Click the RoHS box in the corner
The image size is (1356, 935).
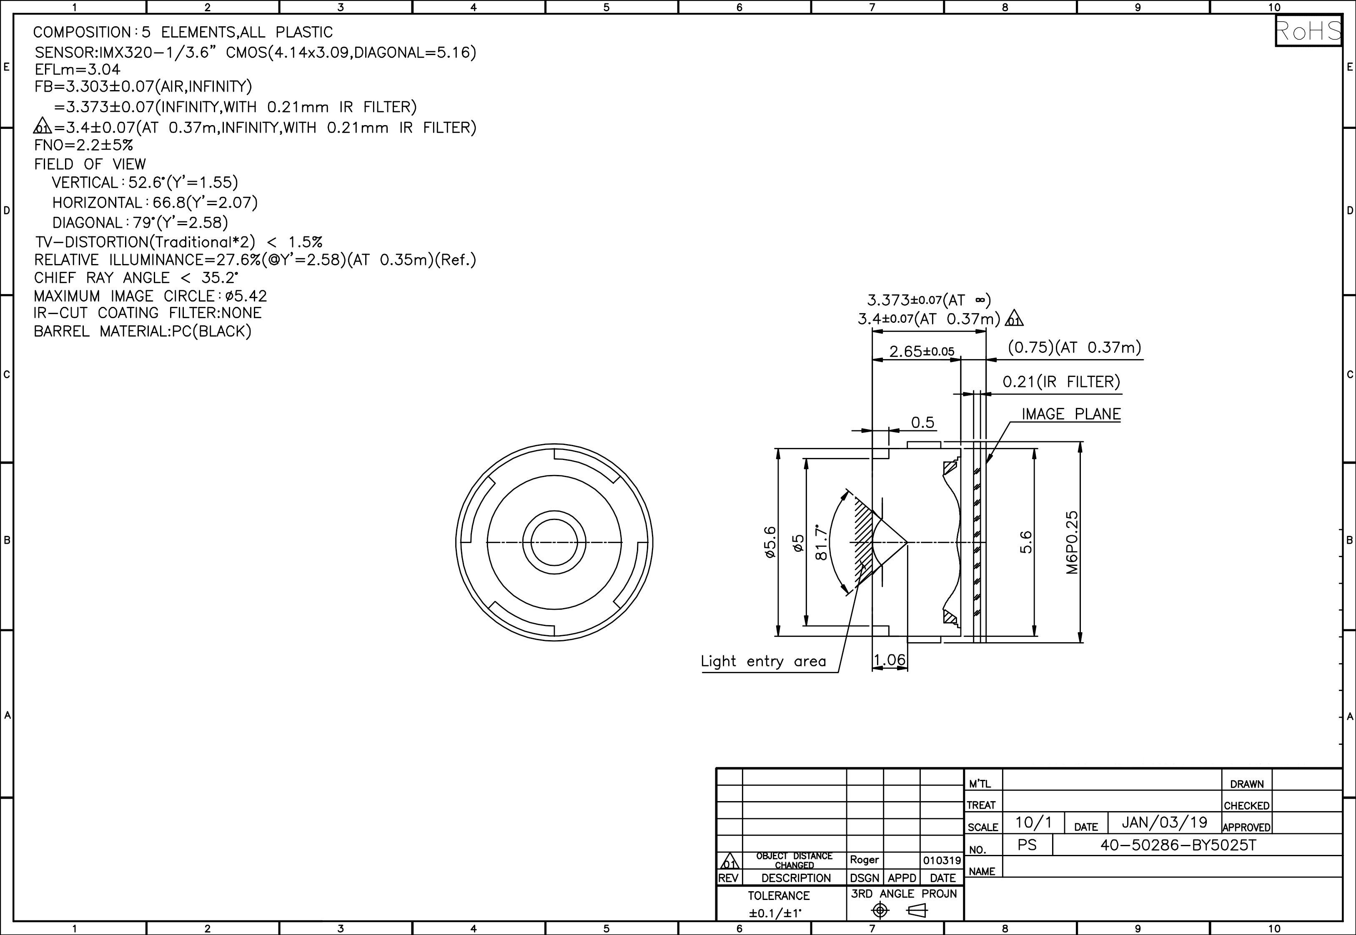point(1308,31)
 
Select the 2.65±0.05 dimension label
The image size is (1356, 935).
point(922,352)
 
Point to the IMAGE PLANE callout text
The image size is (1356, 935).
point(1071,414)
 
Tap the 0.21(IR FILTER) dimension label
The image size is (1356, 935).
point(1061,382)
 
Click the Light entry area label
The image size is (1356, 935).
point(764,661)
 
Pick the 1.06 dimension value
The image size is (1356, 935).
point(890,660)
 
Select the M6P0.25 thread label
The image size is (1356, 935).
point(1071,543)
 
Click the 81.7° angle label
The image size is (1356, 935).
point(822,543)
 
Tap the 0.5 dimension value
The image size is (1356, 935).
point(923,422)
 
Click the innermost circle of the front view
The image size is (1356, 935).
point(554,543)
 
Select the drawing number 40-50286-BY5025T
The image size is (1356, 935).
point(1178,845)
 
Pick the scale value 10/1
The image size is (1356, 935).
point(1033,822)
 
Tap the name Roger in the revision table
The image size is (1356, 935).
point(864,860)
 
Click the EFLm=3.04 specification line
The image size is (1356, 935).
point(77,70)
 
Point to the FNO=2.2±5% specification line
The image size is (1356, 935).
point(84,145)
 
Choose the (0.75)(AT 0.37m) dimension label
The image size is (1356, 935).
point(1074,347)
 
